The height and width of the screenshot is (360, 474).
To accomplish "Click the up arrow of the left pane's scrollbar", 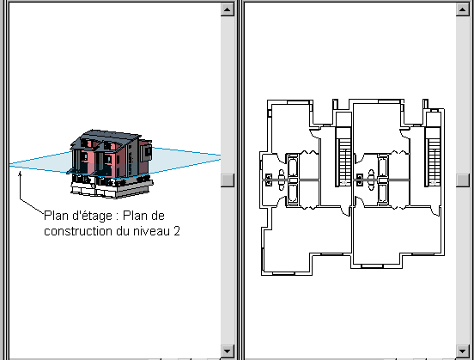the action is pyautogui.click(x=228, y=9).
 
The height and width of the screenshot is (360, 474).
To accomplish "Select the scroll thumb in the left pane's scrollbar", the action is pyautogui.click(x=228, y=180).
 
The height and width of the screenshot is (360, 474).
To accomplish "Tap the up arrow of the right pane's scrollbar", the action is pyautogui.click(x=462, y=9).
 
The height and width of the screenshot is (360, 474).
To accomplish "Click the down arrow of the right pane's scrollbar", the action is pyautogui.click(x=462, y=351).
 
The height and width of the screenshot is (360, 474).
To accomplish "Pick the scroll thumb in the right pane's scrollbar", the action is pyautogui.click(x=462, y=180).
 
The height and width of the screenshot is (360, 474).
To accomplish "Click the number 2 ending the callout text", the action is pyautogui.click(x=177, y=231).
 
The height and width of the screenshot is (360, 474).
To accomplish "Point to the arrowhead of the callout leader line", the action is pyautogui.click(x=20, y=174).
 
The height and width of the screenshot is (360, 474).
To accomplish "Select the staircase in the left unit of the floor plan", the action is pyautogui.click(x=343, y=156).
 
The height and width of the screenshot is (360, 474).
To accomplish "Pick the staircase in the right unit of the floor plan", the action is pyautogui.click(x=433, y=156).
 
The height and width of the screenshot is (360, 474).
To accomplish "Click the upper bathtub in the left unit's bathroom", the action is pyautogui.click(x=292, y=167).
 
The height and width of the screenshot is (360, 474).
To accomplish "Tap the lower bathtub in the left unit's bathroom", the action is pyautogui.click(x=292, y=193).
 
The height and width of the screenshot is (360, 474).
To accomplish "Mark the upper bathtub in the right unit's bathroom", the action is pyautogui.click(x=382, y=167).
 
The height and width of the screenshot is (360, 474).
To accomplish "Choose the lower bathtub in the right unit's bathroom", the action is pyautogui.click(x=382, y=193).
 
